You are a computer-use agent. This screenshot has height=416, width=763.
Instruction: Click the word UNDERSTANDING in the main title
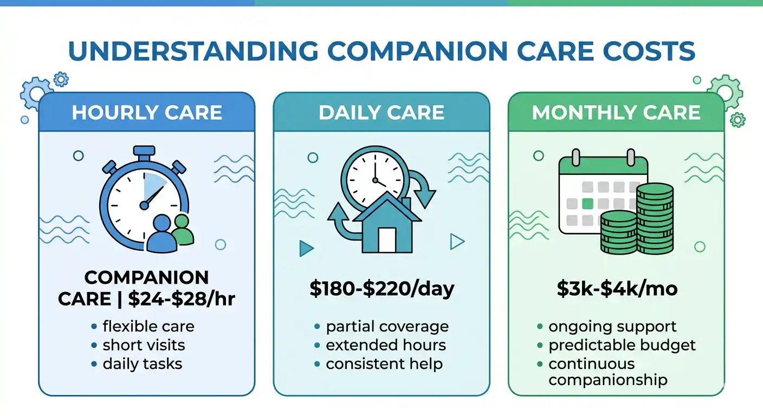click(193, 50)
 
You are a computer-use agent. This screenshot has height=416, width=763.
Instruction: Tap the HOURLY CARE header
click(147, 113)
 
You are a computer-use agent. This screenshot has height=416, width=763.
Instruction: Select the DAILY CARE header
click(381, 113)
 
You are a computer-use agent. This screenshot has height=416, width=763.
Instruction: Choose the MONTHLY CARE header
click(616, 113)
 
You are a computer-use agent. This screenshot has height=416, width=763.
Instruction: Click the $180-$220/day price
click(381, 289)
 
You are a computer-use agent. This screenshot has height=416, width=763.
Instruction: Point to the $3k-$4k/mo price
click(617, 289)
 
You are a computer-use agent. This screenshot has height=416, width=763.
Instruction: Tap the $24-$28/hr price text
click(182, 299)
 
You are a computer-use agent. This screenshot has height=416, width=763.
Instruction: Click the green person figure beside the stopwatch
click(182, 231)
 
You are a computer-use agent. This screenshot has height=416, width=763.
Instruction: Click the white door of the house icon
click(387, 240)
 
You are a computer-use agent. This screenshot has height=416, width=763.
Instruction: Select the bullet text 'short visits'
click(144, 345)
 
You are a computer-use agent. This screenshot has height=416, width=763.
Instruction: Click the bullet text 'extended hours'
click(386, 345)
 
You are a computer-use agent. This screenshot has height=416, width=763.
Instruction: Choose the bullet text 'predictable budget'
click(622, 345)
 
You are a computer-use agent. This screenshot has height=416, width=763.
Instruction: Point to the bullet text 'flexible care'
click(148, 327)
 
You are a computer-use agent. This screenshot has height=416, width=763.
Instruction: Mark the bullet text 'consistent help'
click(384, 364)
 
